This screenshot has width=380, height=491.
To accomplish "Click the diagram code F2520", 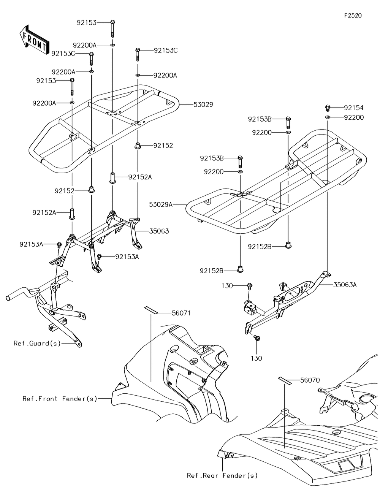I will tap(353, 16).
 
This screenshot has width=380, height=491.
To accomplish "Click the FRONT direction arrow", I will tap(33, 40).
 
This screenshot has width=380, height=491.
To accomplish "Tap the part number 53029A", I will tap(161, 204).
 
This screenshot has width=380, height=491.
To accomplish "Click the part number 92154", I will tap(354, 108).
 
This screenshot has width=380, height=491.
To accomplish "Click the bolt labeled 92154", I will tap(328, 108).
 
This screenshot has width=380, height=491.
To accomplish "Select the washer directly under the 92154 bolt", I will tap(328, 117).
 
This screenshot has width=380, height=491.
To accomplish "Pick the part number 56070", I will tap(310, 380).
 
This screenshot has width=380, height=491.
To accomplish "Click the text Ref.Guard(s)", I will tap(37, 343).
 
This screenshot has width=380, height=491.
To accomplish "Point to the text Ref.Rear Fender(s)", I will tap(222, 475).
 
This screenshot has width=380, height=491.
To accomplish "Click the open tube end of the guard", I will tap(8, 296).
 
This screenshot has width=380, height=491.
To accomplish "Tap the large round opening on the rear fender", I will tap(366, 399).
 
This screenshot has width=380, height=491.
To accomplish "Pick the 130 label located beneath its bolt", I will tap(256, 358).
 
